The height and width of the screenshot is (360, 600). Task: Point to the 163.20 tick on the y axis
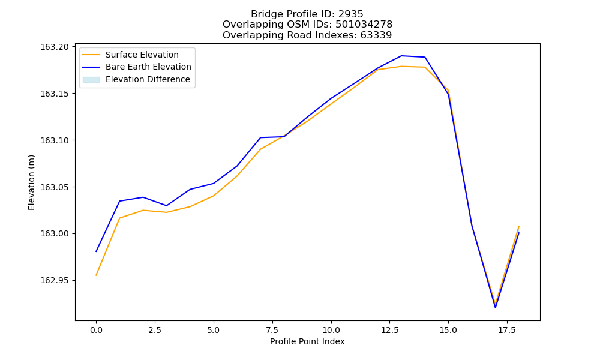pos(55,47)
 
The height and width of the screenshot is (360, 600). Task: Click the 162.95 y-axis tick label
pos(55,280)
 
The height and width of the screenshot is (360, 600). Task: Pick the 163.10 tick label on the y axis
pos(55,140)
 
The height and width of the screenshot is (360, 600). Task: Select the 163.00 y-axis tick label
pos(55,234)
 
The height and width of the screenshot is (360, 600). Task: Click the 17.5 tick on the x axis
pos(506,330)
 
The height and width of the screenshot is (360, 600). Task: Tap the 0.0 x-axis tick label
pos(96,330)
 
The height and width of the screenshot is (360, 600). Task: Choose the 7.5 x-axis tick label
pos(272,330)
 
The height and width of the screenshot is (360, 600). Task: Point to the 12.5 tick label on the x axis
pos(389,330)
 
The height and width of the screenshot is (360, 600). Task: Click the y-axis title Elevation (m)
pos(31,182)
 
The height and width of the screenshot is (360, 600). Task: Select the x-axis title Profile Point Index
pos(307,341)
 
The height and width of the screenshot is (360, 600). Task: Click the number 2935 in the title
pos(350,14)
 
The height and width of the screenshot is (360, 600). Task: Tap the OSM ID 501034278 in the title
pos(364,25)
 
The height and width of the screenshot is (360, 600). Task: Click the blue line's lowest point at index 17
pos(495,308)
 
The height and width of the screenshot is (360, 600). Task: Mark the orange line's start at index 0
pos(96,275)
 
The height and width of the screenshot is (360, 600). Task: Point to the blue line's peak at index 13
pos(401,56)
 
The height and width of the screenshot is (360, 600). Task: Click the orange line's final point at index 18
pos(519,226)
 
